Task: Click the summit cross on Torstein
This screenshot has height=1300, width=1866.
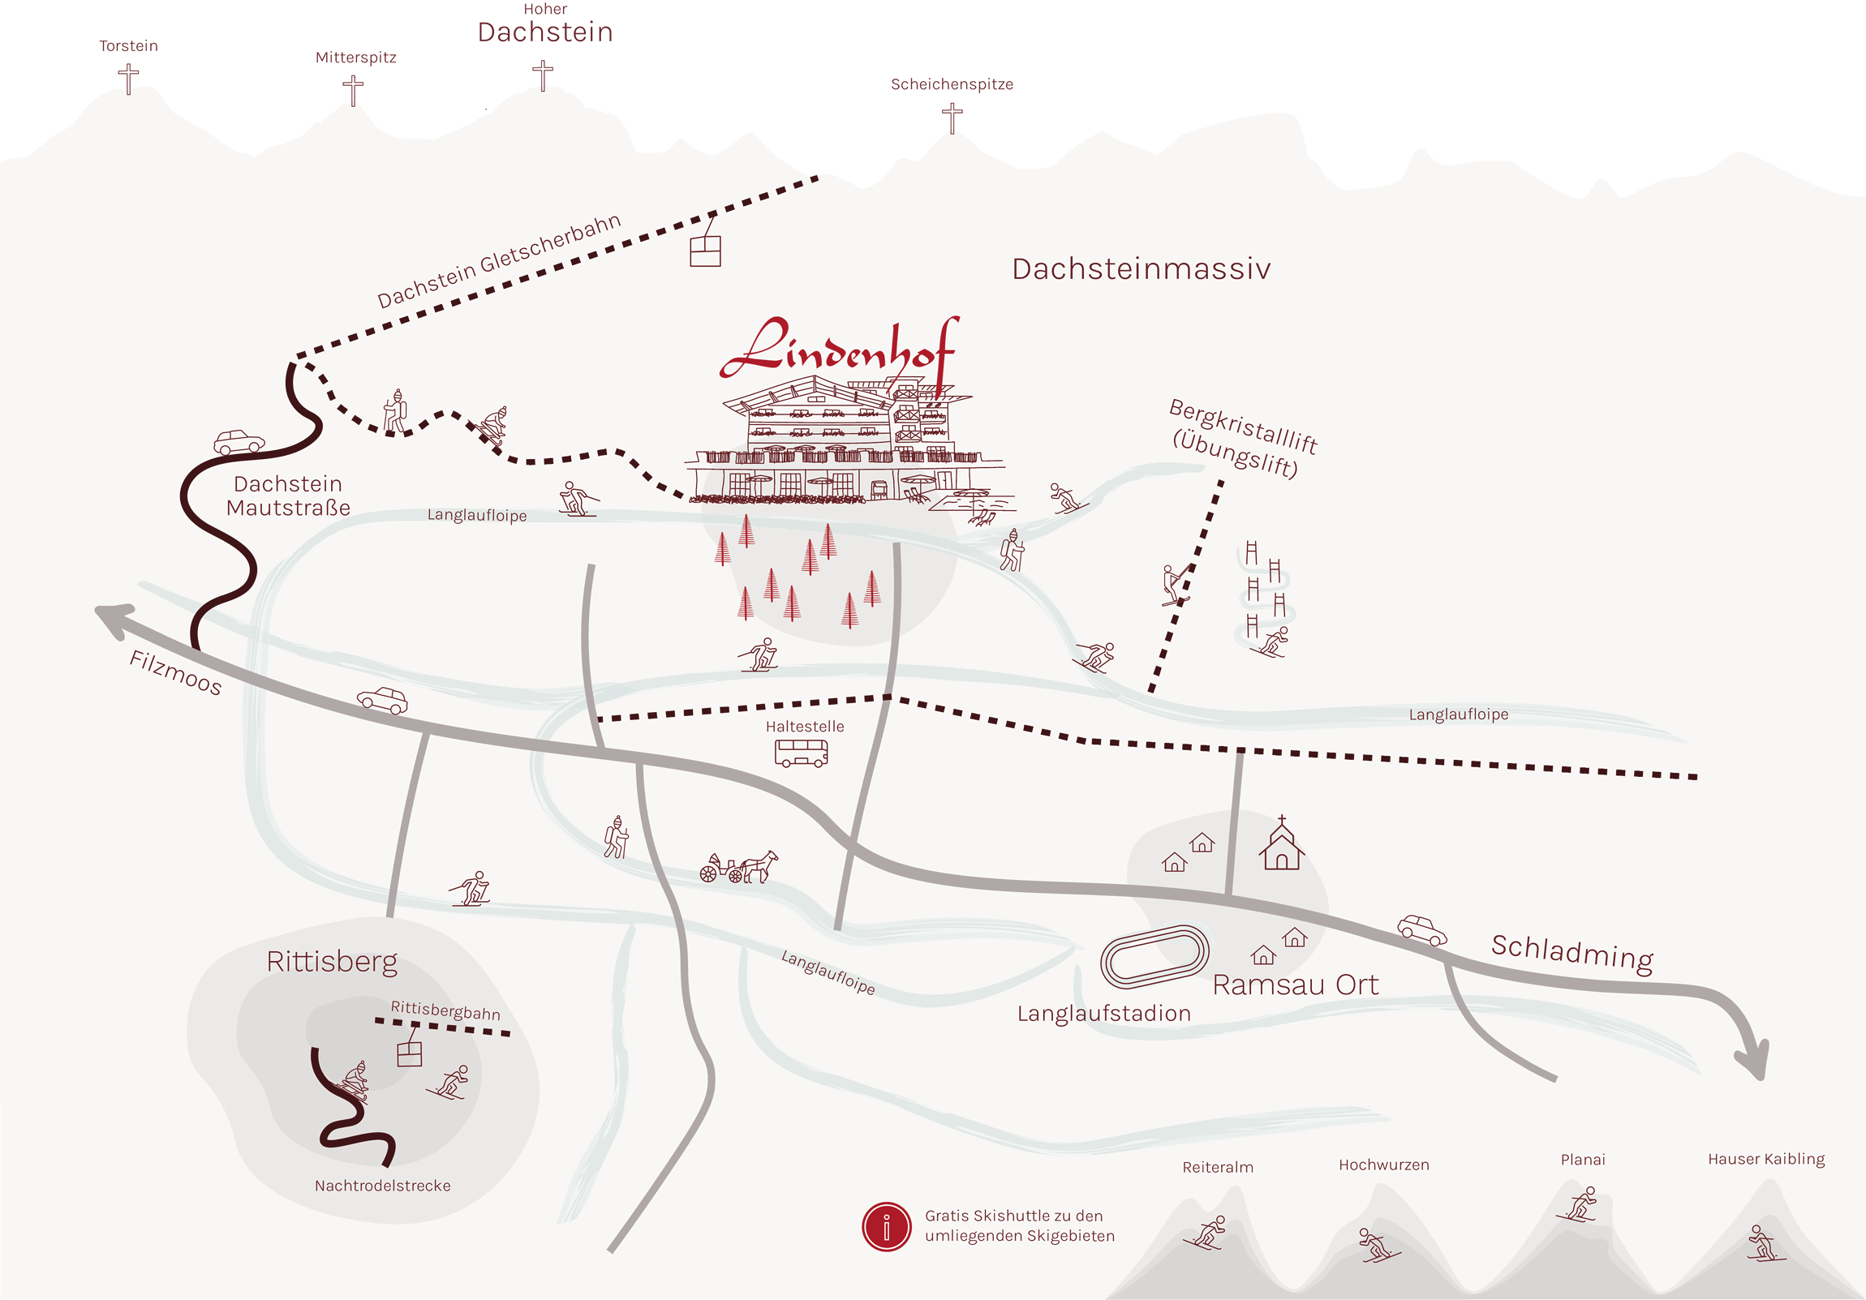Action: pyautogui.click(x=128, y=79)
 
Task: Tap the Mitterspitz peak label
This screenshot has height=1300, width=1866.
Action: pyautogui.click(x=355, y=58)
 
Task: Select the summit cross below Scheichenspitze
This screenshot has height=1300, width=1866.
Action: pyautogui.click(x=952, y=118)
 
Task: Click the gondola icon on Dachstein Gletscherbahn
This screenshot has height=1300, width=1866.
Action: pyautogui.click(x=705, y=251)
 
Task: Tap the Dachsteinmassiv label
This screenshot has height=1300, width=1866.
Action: pyautogui.click(x=1140, y=269)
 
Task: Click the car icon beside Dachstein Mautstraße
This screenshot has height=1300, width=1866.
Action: pyautogui.click(x=239, y=442)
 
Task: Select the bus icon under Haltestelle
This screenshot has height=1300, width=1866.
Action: pyautogui.click(x=801, y=753)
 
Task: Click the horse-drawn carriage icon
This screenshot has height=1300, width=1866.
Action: pyautogui.click(x=738, y=867)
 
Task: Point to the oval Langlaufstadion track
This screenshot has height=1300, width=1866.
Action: pyautogui.click(x=1154, y=955)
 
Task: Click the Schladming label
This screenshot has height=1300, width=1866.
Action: pyautogui.click(x=1571, y=952)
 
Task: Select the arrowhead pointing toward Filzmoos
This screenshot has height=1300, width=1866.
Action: pyautogui.click(x=112, y=618)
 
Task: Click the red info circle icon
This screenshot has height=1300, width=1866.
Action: pyautogui.click(x=886, y=1226)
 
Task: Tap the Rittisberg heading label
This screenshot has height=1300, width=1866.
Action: pyautogui.click(x=332, y=961)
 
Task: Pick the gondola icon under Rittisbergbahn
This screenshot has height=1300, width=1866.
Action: pyautogui.click(x=410, y=1053)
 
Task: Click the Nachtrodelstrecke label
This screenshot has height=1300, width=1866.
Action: pyautogui.click(x=382, y=1186)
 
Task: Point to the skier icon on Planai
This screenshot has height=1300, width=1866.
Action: pyautogui.click(x=1579, y=1204)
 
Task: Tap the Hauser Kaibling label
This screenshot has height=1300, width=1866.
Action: pyautogui.click(x=1765, y=1159)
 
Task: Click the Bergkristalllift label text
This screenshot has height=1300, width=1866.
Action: pyautogui.click(x=1243, y=426)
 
